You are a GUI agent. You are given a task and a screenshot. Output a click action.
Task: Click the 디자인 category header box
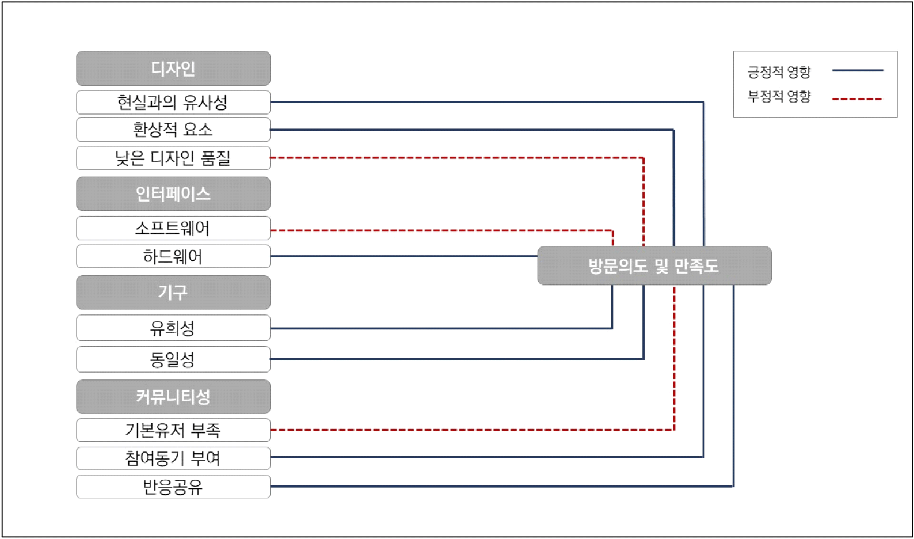(173, 69)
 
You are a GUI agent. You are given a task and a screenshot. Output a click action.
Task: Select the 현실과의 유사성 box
(173, 103)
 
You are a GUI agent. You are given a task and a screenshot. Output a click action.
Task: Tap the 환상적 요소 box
(173, 130)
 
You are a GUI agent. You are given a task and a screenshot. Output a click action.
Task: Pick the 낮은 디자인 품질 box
(173, 158)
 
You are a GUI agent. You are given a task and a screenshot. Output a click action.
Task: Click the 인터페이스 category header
(173, 194)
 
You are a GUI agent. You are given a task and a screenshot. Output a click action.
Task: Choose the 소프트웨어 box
(173, 228)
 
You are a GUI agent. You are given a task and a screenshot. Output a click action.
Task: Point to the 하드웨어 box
(173, 256)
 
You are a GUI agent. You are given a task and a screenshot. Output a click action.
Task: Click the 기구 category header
(173, 293)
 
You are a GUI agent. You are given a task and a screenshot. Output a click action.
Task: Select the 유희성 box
(173, 328)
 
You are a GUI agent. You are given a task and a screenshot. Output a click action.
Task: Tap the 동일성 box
(173, 359)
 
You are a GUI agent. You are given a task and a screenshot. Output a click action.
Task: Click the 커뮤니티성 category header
(173, 397)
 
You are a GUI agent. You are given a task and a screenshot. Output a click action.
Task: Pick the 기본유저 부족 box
(173, 430)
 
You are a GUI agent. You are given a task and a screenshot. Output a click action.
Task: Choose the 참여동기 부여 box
(173, 458)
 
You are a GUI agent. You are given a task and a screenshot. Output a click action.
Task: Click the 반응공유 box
(173, 487)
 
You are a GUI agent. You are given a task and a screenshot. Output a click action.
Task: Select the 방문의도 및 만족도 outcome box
(654, 265)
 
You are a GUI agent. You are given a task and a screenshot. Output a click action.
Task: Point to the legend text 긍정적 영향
(779, 72)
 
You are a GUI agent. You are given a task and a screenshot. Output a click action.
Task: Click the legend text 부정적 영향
(779, 96)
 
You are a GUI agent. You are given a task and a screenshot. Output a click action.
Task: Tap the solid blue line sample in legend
(858, 70)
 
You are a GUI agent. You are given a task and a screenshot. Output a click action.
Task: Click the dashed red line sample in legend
(857, 99)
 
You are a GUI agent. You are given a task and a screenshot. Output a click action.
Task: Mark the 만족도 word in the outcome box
(696, 266)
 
